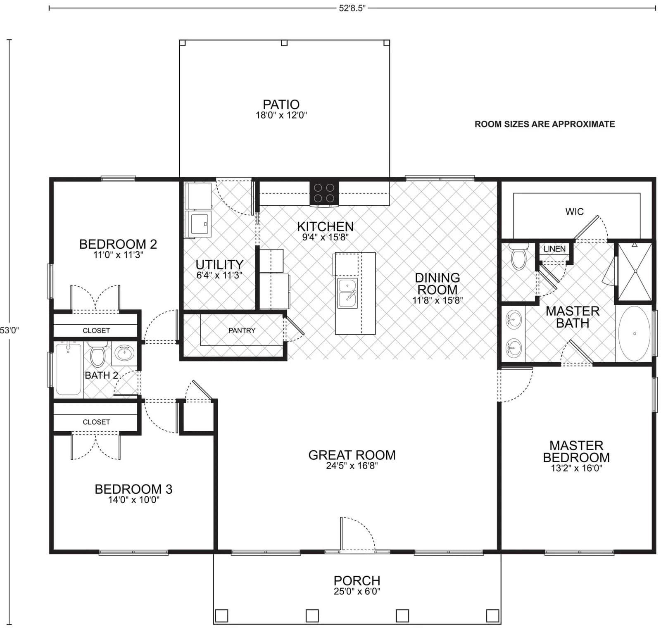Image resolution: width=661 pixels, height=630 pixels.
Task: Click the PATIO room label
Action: tap(281, 104)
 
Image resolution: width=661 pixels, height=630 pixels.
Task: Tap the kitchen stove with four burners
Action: tap(324, 193)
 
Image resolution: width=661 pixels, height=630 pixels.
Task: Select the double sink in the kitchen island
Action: tap(347, 293)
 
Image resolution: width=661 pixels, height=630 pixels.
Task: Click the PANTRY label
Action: tap(242, 330)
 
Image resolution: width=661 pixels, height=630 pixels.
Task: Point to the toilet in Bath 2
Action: tap(97, 355)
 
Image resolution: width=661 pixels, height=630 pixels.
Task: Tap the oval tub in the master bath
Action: tap(634, 333)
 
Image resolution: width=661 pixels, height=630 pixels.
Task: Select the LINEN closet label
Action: tap(554, 249)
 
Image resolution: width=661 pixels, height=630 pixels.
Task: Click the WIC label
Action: tap(574, 212)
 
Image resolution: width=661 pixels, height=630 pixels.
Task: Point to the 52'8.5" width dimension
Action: tap(352, 8)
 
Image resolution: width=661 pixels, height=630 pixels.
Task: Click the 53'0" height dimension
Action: tap(9, 330)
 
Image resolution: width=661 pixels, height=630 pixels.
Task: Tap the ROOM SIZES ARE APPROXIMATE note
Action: tap(544, 124)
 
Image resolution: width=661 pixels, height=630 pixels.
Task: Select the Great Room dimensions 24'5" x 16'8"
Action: tap(352, 466)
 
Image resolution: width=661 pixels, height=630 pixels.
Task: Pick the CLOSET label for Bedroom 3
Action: tap(96, 422)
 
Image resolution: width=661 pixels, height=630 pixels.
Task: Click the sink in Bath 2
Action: tap(124, 353)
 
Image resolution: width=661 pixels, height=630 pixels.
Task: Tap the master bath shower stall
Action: tap(635, 271)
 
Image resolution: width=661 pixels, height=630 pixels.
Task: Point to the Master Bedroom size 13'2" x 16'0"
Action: tap(576, 468)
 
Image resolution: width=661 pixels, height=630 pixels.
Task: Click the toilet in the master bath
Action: tap(519, 256)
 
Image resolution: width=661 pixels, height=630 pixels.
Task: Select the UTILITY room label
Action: tap(219, 264)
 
